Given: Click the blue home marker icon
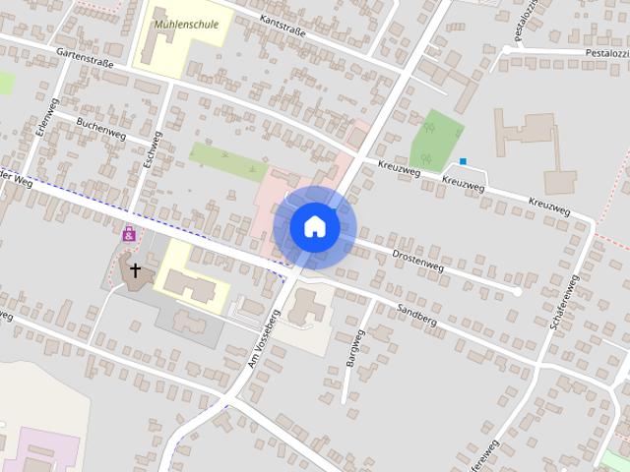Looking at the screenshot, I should (x=314, y=226).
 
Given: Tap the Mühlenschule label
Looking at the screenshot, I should (x=187, y=25).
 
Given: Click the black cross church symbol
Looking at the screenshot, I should (x=135, y=267).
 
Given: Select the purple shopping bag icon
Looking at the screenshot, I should (x=129, y=234).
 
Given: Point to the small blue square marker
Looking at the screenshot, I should (x=463, y=161).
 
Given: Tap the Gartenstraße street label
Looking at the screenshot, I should (x=85, y=58).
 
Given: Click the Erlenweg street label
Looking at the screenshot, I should (x=42, y=118).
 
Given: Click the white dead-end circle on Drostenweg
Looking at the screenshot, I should (x=518, y=292).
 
